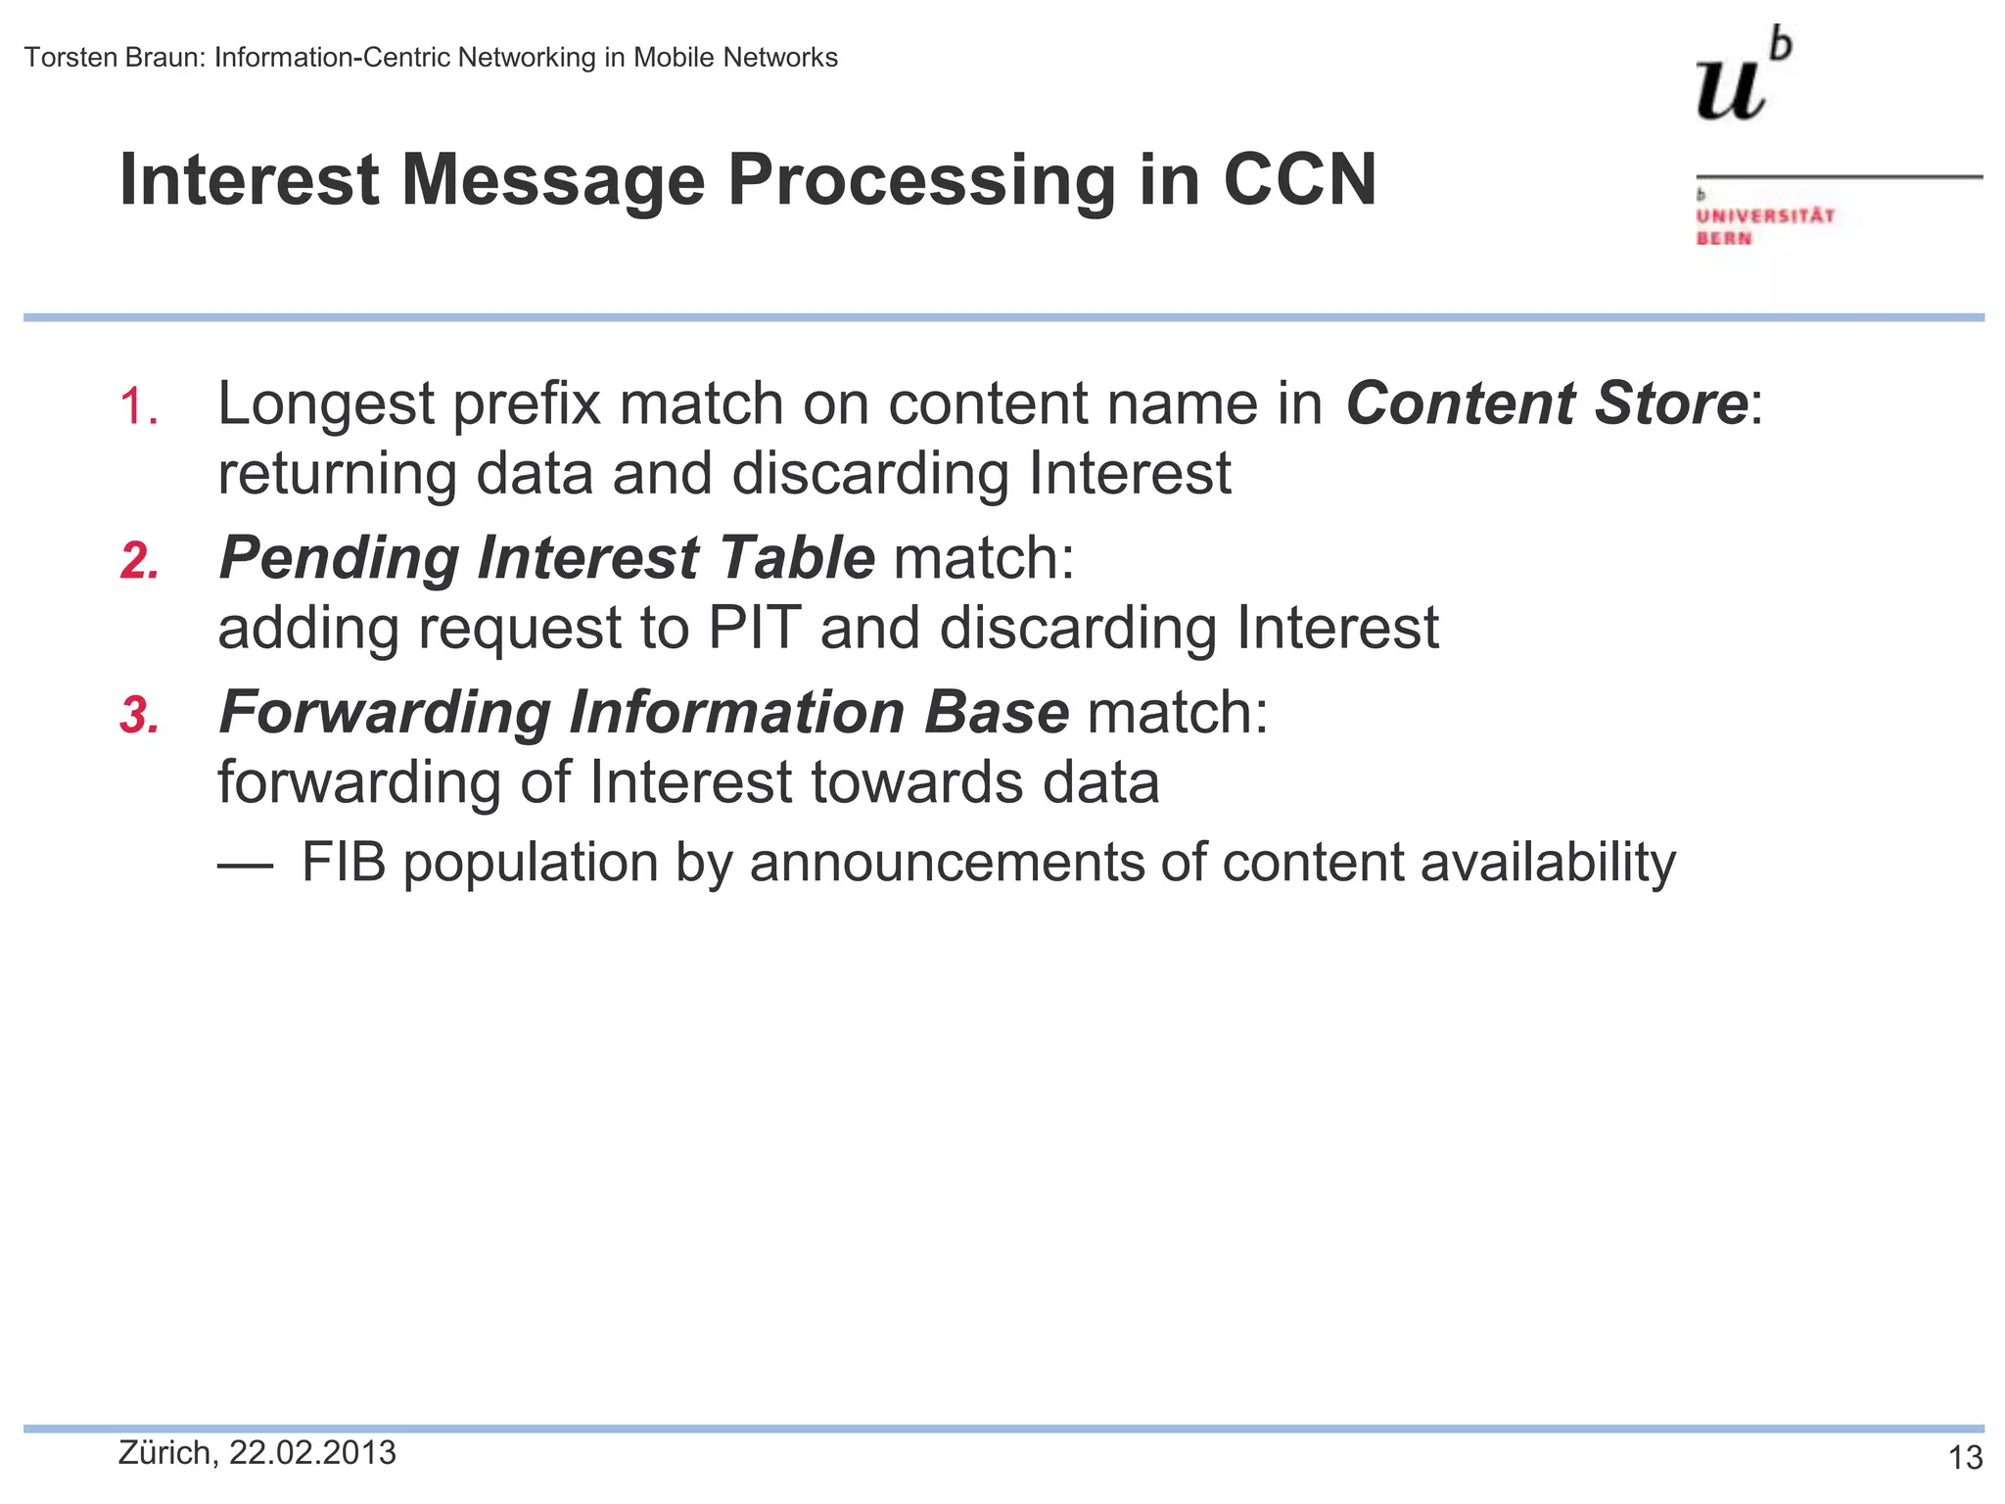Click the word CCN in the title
pos(1299,180)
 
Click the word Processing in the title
pos(920,182)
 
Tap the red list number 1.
pos(138,405)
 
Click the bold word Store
pos(1670,403)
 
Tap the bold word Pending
pos(339,559)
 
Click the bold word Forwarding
pos(384,713)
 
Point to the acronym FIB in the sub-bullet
pos(344,863)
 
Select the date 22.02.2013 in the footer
pos(312,1453)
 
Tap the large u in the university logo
pos(1730,90)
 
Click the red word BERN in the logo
pos(1724,238)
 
